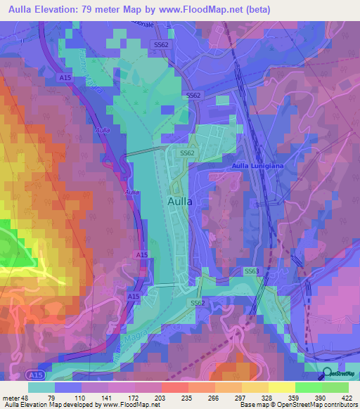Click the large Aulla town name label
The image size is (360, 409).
180,201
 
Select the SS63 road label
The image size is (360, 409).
252,271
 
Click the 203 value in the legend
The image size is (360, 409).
161,397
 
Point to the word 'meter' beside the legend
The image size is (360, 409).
11,397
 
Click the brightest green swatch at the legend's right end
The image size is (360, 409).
335,387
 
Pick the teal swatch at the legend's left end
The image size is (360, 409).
41,387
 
